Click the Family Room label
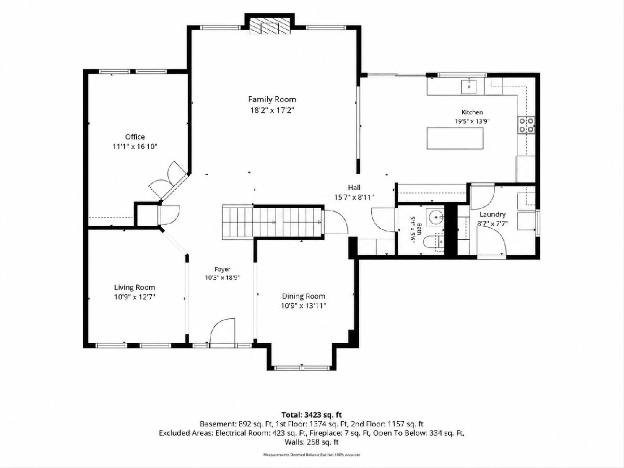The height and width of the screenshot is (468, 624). [x=272, y=99]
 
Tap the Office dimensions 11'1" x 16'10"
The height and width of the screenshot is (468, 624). [x=135, y=147]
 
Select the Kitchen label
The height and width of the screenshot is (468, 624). [x=472, y=112]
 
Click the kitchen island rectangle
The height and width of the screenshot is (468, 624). [x=455, y=138]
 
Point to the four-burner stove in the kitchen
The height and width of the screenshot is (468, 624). [x=526, y=125]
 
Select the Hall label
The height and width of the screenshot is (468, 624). [x=354, y=187]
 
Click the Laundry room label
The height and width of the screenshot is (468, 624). [x=492, y=215]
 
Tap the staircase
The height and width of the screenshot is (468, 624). [x=272, y=222]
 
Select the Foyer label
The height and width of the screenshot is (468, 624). [x=223, y=269]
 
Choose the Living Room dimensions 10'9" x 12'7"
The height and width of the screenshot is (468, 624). [x=135, y=297]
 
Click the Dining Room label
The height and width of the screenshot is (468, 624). [x=304, y=296]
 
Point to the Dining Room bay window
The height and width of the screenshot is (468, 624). [x=302, y=368]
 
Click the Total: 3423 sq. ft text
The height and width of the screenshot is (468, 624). [x=311, y=414]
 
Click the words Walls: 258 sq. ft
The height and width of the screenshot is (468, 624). [x=311, y=442]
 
